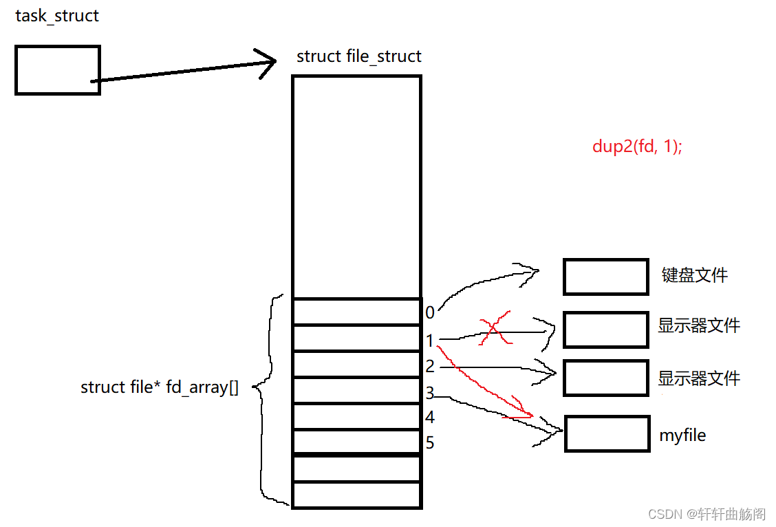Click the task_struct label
pos(57,16)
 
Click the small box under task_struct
pos(58,69)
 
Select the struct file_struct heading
pos(358,56)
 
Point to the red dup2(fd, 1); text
pos(637,147)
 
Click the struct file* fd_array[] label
pos(160,387)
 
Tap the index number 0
pos(430,313)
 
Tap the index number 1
pos(430,341)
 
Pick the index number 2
pos(430,367)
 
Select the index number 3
pos(430,394)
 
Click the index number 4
pos(430,418)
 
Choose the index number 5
pos(430,443)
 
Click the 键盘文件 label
pos(694,276)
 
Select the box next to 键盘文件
pos(605,277)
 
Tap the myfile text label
pos(682,435)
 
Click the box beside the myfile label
pos(607,433)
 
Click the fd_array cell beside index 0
pos(356,312)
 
